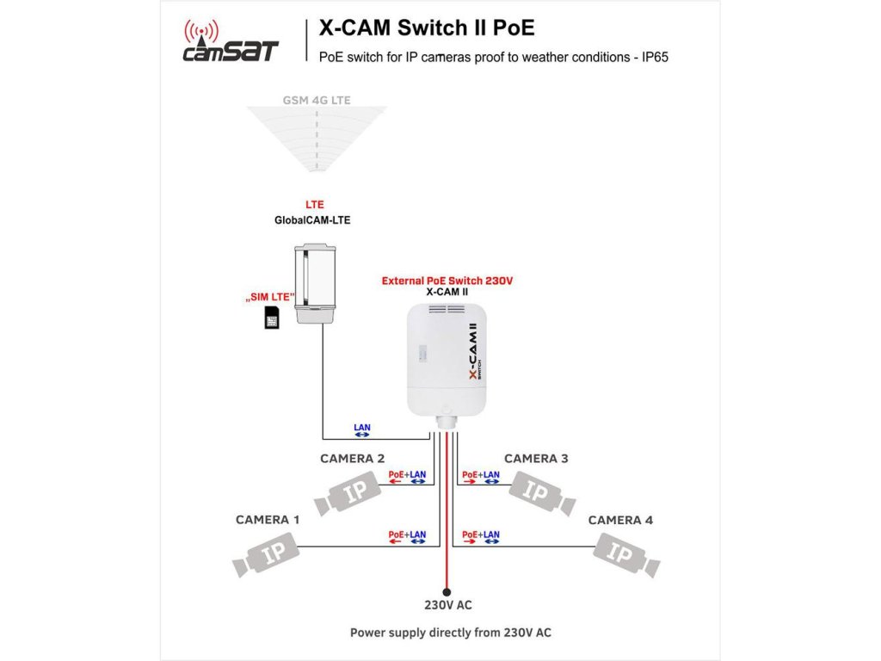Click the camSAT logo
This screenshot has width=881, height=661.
[231, 43]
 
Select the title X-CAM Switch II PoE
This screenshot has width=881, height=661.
[427, 28]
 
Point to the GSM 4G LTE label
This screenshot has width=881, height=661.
[317, 100]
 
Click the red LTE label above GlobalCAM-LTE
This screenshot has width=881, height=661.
[315, 205]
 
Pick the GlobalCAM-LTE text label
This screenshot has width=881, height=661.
[312, 220]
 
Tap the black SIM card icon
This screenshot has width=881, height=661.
[272, 321]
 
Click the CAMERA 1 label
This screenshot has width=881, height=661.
[268, 520]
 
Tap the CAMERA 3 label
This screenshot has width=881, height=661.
[536, 459]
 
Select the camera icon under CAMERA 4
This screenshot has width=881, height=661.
[626, 554]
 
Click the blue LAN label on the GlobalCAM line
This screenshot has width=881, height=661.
[363, 428]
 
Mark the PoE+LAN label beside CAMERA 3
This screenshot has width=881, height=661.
[480, 475]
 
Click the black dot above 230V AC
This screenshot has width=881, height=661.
[447, 592]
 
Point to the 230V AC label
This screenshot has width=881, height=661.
[447, 605]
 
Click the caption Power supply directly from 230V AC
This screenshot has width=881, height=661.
[450, 633]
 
